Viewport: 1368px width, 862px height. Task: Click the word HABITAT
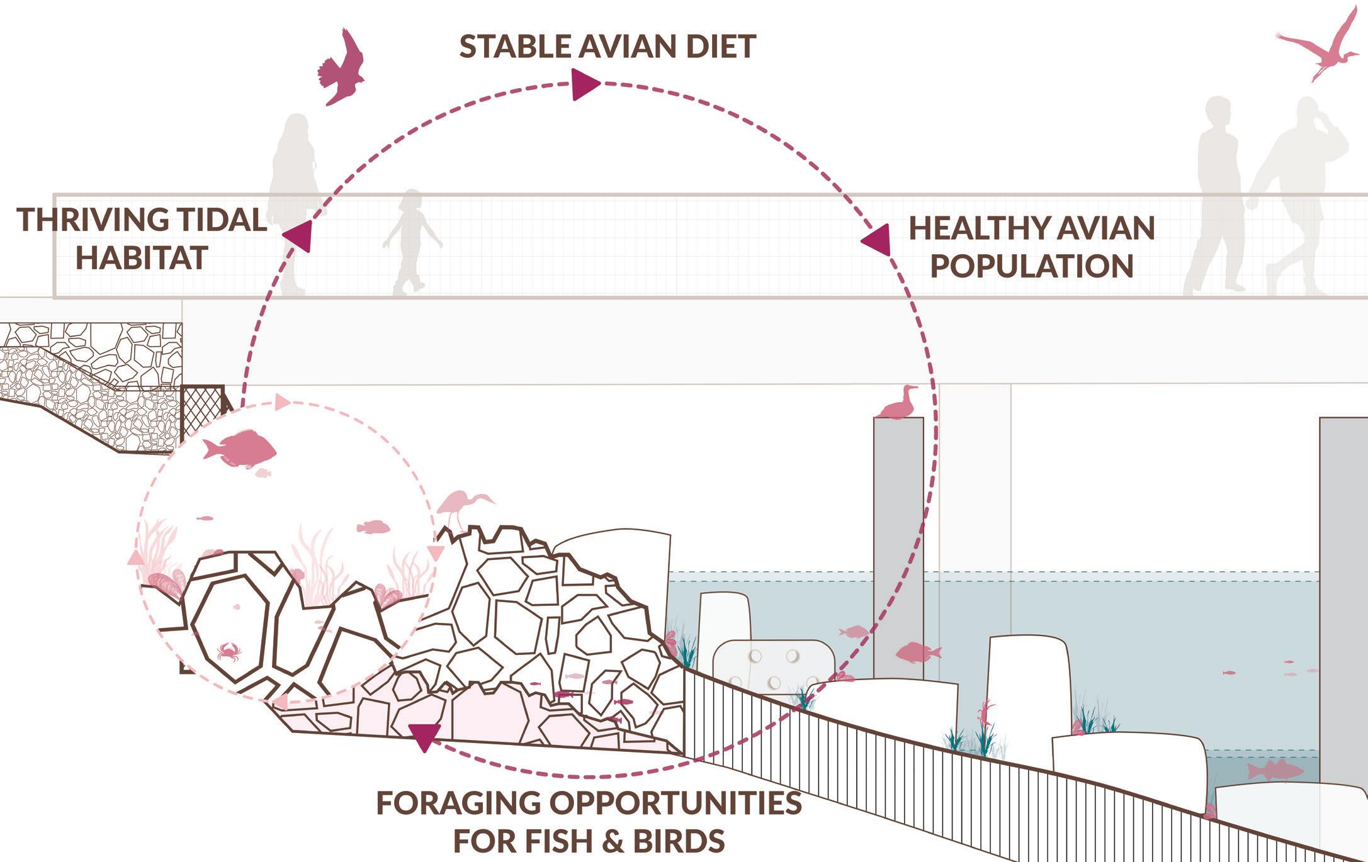142,258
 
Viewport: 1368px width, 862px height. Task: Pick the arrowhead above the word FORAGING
425,736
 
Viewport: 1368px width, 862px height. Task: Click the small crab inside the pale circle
229,651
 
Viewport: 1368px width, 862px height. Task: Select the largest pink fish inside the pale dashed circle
239,449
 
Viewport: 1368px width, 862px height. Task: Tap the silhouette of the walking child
412,242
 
